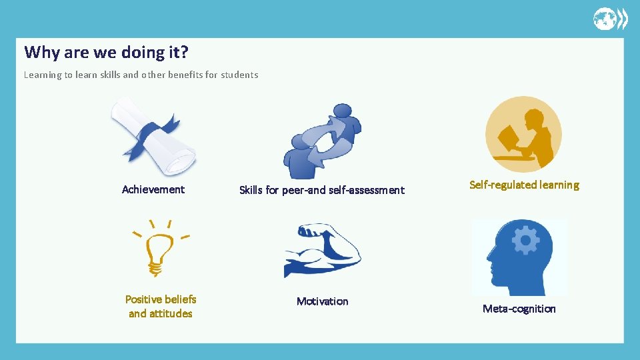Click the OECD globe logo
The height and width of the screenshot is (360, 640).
tap(610, 19)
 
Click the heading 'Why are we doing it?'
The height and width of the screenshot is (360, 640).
tap(107, 52)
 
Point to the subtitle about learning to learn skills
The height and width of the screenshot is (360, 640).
tap(141, 75)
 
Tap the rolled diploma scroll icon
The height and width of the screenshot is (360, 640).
tap(153, 136)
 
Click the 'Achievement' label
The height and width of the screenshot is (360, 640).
tap(153, 189)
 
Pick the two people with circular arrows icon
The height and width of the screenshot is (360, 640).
tap(322, 140)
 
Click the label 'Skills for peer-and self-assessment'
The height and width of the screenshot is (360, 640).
tap(322, 190)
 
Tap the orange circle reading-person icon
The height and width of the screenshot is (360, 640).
tap(523, 134)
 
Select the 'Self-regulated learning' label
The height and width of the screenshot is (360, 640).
tap(524, 185)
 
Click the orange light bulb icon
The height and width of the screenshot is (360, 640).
tap(160, 250)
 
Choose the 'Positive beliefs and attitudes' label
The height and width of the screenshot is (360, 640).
tap(161, 306)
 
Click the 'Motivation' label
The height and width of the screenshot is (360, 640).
tap(322, 301)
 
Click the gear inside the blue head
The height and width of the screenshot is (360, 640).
tap(525, 240)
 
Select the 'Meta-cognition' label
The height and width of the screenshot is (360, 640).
tap(519, 309)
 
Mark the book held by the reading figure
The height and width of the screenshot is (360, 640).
tap(509, 139)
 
